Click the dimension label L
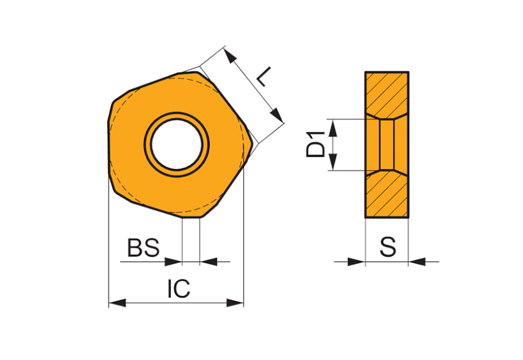(x=264, y=76)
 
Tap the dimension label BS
(x=144, y=248)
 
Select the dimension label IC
(x=179, y=289)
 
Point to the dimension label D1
(x=315, y=145)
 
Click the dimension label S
(x=388, y=247)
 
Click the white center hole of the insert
(x=177, y=145)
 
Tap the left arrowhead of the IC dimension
(x=117, y=303)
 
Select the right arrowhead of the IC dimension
(x=235, y=303)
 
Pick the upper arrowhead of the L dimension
(x=230, y=56)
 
